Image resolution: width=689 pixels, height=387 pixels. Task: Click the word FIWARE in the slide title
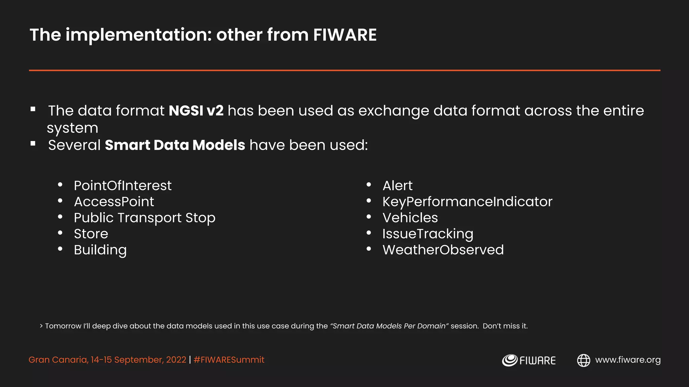[x=345, y=35]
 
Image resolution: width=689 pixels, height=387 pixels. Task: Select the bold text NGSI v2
[x=196, y=111]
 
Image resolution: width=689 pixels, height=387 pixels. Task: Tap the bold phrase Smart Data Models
[x=175, y=145]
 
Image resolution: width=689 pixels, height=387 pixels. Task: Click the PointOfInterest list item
[x=122, y=185]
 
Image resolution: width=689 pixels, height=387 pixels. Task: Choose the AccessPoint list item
[x=114, y=202]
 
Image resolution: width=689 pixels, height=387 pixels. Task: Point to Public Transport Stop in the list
[x=144, y=218]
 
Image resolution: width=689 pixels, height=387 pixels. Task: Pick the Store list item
[x=91, y=234]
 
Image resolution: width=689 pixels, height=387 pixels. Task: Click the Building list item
[x=100, y=250]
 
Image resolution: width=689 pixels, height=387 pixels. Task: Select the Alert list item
[x=397, y=185]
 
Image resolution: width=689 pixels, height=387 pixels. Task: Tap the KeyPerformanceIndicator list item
[x=467, y=202]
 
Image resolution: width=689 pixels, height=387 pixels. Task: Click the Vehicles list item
[x=410, y=218]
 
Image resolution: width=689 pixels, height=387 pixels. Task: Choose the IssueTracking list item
[x=428, y=234]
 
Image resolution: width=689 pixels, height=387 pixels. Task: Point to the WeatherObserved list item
[x=443, y=250]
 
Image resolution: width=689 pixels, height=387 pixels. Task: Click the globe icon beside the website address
[x=584, y=360]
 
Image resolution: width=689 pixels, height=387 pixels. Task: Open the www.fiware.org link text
[x=628, y=360]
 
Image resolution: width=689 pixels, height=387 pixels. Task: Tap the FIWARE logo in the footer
[x=529, y=360]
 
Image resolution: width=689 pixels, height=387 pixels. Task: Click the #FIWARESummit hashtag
[x=229, y=360]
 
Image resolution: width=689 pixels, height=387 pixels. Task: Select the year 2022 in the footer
[x=176, y=360]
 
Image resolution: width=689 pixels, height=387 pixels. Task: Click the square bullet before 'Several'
[x=33, y=144]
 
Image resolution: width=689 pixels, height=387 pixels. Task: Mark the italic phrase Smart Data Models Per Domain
[x=389, y=326]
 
